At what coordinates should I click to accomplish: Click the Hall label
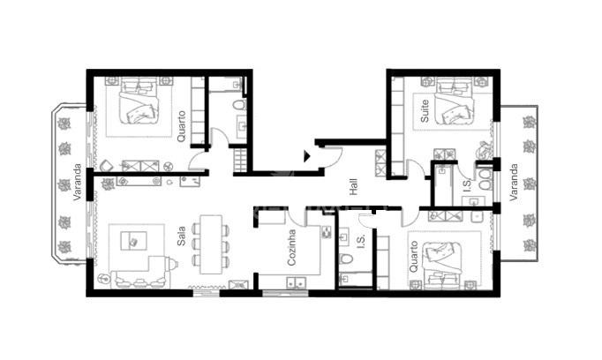354,187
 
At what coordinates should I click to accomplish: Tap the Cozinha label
292,248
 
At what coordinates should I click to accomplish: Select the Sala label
181,236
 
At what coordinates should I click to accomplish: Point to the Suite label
425,111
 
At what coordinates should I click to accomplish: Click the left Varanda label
77,182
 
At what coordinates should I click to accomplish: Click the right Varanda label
514,183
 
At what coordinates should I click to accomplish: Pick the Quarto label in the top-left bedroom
181,126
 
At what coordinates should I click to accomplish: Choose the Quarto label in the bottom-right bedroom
413,257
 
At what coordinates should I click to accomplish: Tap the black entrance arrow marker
307,156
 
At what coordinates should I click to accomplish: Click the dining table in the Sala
211,244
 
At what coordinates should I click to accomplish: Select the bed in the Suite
454,101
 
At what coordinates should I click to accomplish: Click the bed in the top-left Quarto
139,101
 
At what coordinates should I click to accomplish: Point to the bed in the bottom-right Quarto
441,266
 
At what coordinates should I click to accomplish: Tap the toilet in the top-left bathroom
239,104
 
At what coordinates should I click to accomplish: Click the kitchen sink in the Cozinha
295,282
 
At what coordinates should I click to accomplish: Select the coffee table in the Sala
133,241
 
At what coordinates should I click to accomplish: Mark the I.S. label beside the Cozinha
361,242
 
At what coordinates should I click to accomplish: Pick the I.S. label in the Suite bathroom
467,185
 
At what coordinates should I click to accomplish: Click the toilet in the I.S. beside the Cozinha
346,259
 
